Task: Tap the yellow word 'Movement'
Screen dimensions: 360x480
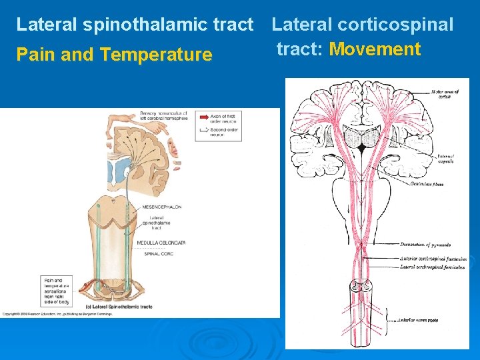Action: pyautogui.click(x=375, y=49)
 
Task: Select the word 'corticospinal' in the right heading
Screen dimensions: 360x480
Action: pyautogui.click(x=395, y=25)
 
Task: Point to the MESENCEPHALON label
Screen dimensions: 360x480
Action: pyautogui.click(x=161, y=207)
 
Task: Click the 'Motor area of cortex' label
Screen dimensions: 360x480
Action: pyautogui.click(x=441, y=94)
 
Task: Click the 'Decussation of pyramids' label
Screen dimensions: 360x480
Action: pyautogui.click(x=426, y=244)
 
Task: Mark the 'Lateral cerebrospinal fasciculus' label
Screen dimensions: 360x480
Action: pyautogui.click(x=433, y=267)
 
